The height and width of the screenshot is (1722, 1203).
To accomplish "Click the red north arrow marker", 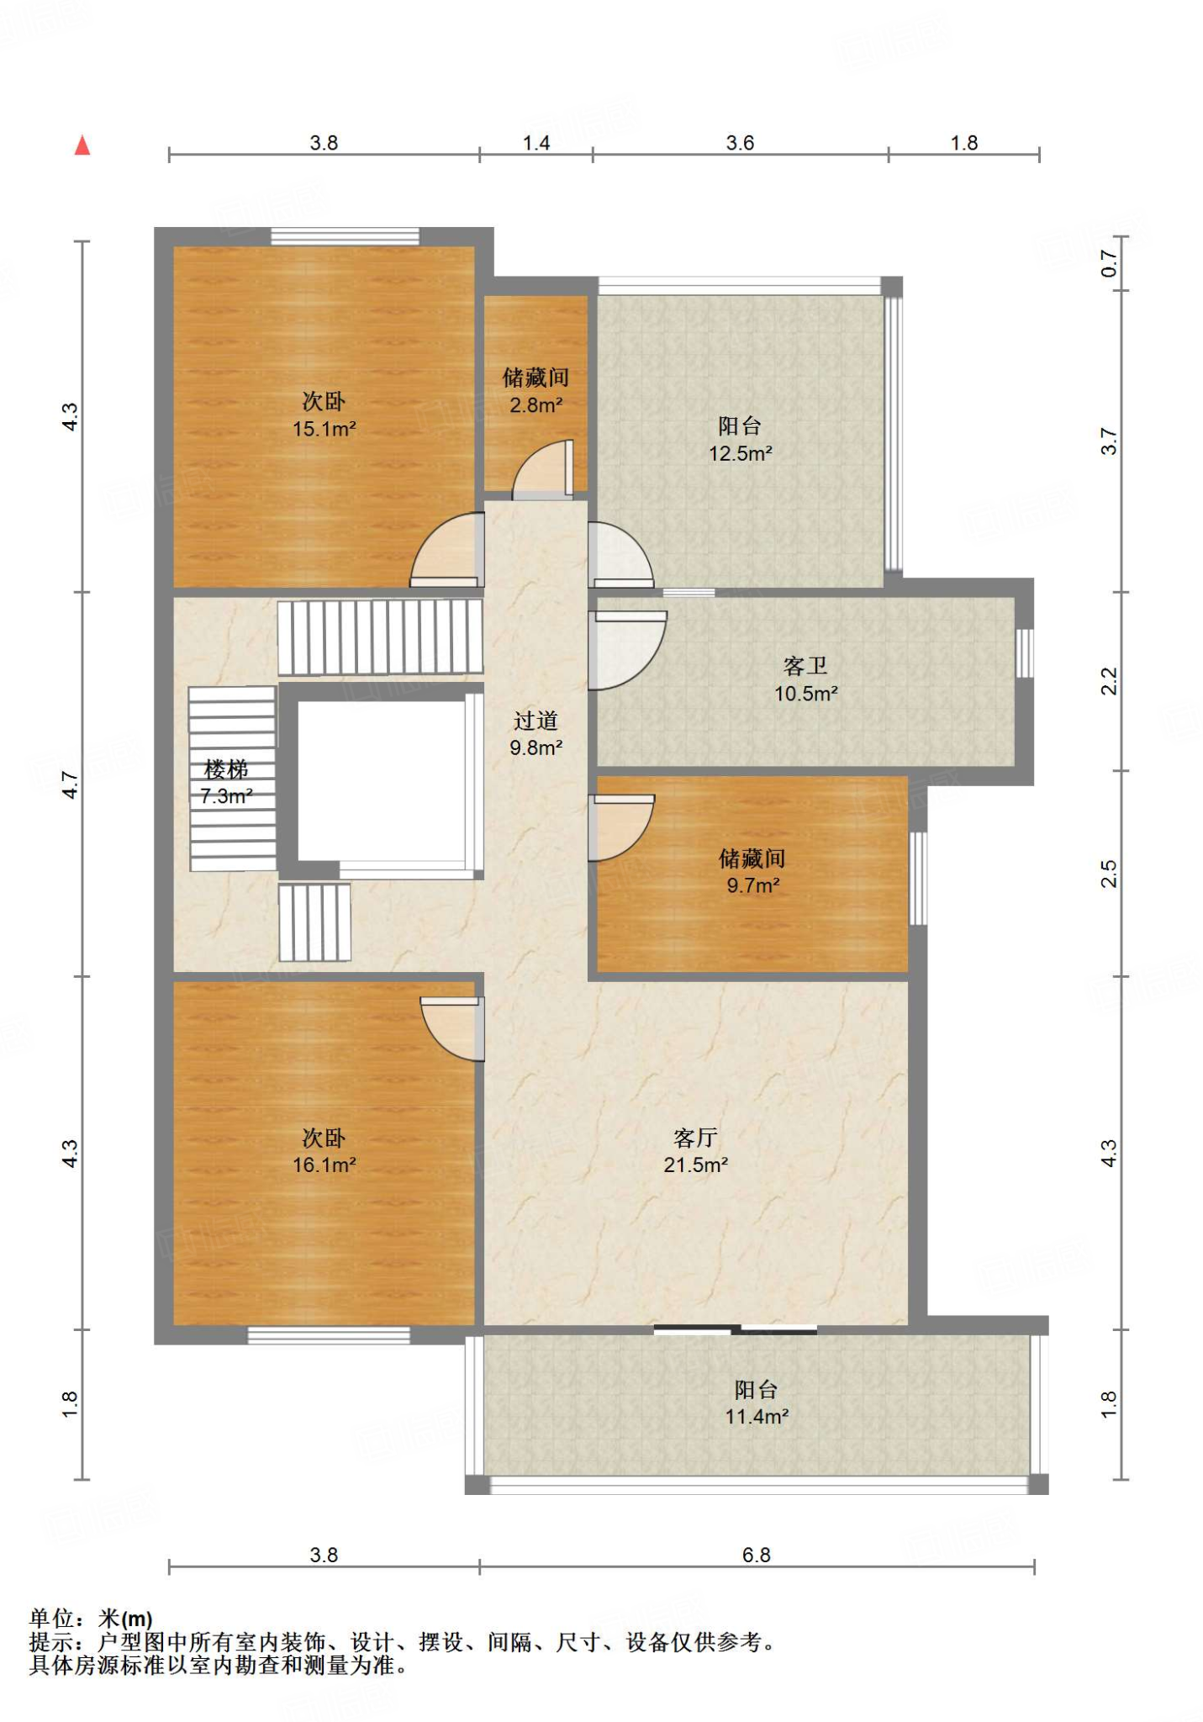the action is (x=82, y=145).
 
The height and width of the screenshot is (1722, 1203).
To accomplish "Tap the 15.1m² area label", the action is (x=324, y=429).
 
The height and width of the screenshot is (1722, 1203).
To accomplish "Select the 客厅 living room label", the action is (x=695, y=1138).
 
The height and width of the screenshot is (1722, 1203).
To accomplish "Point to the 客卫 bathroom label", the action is (x=805, y=666).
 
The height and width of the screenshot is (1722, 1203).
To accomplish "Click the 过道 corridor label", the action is (x=536, y=721).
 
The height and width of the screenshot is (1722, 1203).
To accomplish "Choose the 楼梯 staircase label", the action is (x=226, y=769).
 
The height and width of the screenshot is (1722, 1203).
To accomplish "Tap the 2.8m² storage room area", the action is (x=536, y=405).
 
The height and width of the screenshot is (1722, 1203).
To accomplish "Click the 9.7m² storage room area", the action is (x=753, y=885).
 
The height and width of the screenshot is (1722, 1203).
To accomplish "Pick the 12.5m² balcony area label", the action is (x=741, y=454).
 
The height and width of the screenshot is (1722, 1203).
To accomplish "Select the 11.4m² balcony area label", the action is (x=757, y=1417).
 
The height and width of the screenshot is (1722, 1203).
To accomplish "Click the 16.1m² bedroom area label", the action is (x=324, y=1165).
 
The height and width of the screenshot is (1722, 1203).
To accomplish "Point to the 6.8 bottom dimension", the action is (x=757, y=1555).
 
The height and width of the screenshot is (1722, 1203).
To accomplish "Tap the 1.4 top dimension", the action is (x=536, y=143).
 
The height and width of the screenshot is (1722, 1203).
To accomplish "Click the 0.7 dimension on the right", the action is (x=1110, y=264).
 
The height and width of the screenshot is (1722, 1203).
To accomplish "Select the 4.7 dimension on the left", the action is (x=71, y=784).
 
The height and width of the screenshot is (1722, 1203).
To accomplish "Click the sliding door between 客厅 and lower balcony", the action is (x=736, y=1329).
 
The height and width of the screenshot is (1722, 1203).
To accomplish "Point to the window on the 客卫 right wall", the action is (x=1024, y=653).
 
